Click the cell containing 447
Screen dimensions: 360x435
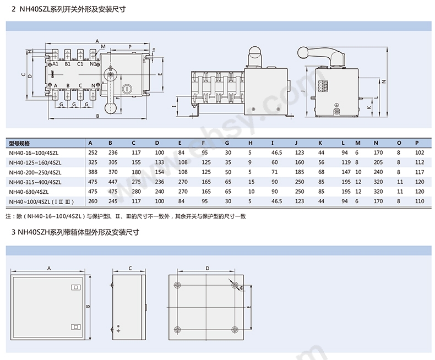tap(113, 182)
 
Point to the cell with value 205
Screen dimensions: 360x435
tap(378, 162)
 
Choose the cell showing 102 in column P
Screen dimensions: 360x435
tap(419, 152)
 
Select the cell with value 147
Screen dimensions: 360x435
tap(345, 172)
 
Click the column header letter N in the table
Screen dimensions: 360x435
tap(375, 143)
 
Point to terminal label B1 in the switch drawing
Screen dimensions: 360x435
tap(68, 64)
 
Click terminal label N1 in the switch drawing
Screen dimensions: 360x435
tap(94, 64)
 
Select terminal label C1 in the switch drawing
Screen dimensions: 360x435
tap(80, 64)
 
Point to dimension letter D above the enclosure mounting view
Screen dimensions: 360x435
tap(207, 268)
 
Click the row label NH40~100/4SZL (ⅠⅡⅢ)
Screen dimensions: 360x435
tap(41, 201)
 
